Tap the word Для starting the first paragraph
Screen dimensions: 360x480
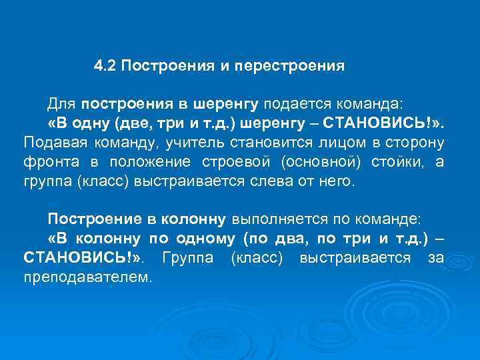[x=62, y=105]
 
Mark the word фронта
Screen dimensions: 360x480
[x=50, y=162]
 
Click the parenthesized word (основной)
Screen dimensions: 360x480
[x=319, y=162]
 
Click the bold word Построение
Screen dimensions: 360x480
[x=89, y=219]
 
